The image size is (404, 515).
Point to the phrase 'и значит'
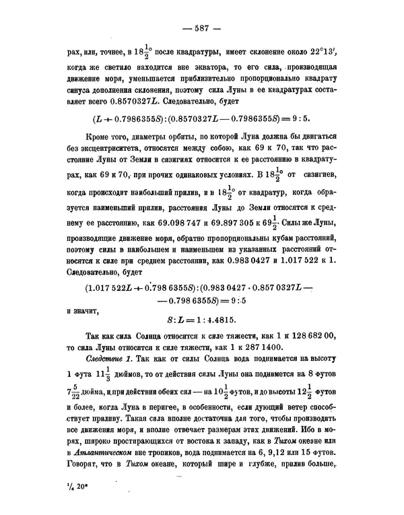(x=86, y=312)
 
